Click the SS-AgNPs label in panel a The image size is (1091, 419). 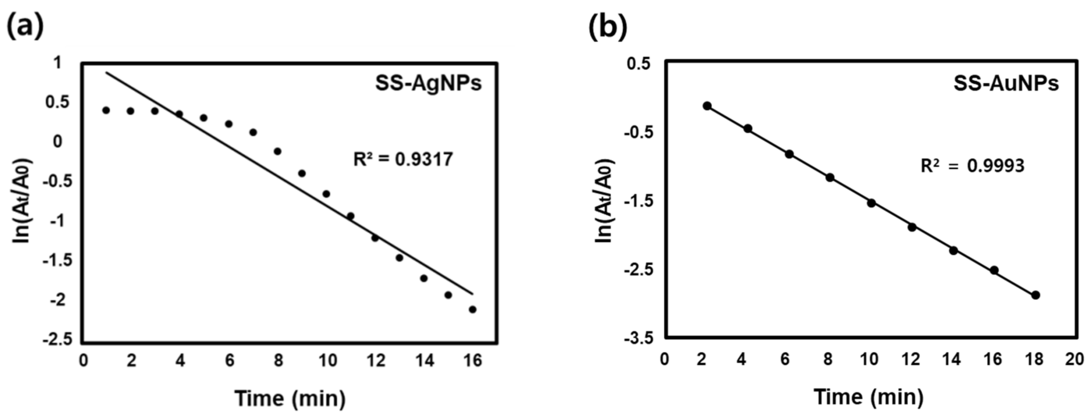(428, 83)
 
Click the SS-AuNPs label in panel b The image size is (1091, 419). (1006, 83)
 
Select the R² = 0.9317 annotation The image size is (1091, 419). (403, 160)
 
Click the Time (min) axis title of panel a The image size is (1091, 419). (290, 398)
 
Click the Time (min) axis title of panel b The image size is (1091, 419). (868, 397)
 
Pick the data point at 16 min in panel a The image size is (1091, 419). (473, 309)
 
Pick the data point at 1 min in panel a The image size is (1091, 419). (106, 110)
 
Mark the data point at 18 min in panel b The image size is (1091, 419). (1036, 295)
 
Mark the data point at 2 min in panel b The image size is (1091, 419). (707, 105)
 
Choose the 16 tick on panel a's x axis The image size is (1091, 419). (473, 360)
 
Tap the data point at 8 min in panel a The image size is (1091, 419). (277, 151)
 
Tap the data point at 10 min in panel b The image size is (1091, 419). (871, 203)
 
